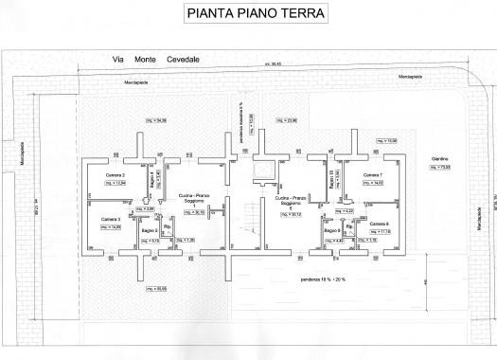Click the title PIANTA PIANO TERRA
click(249, 14)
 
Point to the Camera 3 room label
click(113, 219)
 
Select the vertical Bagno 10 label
click(331, 178)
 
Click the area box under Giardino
click(441, 168)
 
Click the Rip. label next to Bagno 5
click(168, 227)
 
